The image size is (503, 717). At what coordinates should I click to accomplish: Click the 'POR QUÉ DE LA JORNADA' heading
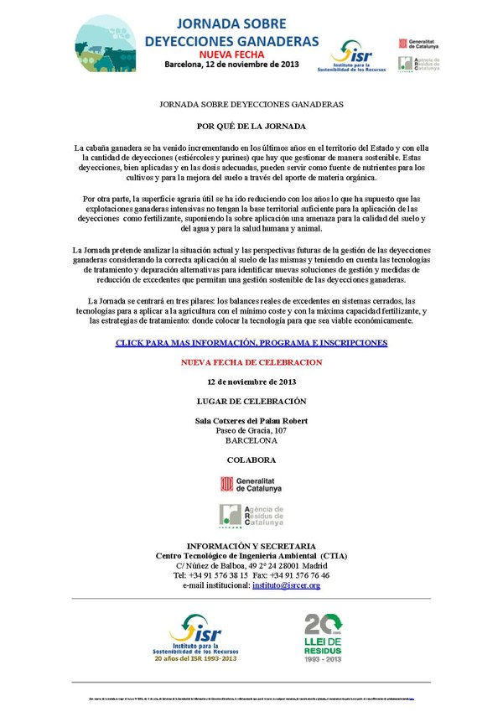[251, 125]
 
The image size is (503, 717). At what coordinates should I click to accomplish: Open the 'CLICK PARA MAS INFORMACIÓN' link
[251, 344]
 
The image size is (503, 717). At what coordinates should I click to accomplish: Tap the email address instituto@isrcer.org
[286, 585]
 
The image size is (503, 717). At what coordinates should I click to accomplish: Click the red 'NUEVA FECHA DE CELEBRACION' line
[251, 362]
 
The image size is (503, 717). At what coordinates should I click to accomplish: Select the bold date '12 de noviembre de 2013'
[251, 382]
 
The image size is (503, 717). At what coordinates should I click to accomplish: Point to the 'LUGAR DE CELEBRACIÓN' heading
[251, 401]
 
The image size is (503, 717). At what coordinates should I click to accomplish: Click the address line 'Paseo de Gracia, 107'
[251, 430]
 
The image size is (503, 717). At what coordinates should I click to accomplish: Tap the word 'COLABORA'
[251, 460]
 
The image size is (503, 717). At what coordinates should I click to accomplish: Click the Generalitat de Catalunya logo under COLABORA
[251, 484]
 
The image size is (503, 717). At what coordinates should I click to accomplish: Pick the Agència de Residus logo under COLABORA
[251, 515]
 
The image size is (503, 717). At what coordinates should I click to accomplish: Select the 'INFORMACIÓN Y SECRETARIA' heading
[251, 545]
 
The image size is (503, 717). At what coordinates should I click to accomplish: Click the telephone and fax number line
[251, 575]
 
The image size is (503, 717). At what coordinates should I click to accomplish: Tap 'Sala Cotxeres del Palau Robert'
[251, 420]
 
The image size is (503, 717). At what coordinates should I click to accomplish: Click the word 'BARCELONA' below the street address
[251, 440]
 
